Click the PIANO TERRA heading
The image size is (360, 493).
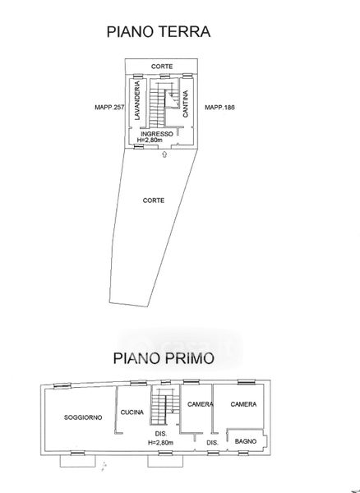[x=159, y=32]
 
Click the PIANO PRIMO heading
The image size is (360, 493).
[x=164, y=358]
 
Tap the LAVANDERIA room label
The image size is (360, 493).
[x=137, y=100]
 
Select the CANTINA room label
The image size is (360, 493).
[x=186, y=104]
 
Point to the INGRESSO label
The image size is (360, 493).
[x=157, y=134]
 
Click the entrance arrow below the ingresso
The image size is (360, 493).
[x=164, y=154]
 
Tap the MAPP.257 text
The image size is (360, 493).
[x=110, y=107]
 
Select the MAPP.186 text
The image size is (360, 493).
[x=219, y=107]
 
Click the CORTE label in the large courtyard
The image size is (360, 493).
[x=154, y=200]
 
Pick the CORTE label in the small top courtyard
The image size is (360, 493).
[x=162, y=67]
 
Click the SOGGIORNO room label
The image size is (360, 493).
[x=83, y=417]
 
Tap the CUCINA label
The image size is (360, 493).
[x=132, y=412]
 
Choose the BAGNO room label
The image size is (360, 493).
[x=246, y=441]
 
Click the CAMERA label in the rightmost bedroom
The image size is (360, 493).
[x=243, y=404]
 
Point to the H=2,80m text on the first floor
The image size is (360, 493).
[x=160, y=442]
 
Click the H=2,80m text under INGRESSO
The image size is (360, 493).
[x=150, y=140]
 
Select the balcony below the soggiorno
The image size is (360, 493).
[x=77, y=461]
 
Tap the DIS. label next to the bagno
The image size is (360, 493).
[x=213, y=443]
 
